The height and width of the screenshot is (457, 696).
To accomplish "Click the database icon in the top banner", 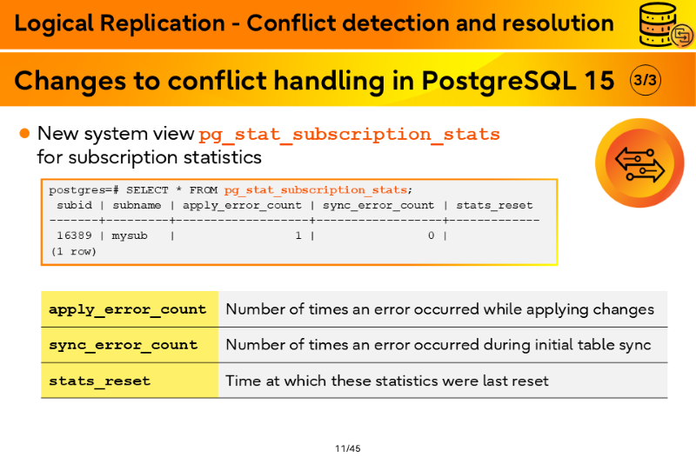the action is click(665, 25).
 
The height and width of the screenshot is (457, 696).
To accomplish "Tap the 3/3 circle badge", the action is click(645, 80).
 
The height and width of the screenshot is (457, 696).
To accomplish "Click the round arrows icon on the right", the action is click(639, 163).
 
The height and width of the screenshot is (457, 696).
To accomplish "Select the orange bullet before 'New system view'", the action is click(24, 134).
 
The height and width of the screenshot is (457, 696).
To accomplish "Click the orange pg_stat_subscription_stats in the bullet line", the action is click(350, 134).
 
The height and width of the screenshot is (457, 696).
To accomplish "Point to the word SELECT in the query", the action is click(147, 190).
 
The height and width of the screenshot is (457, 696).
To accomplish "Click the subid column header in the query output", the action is click(74, 205).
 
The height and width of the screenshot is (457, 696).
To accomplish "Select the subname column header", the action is click(137, 205).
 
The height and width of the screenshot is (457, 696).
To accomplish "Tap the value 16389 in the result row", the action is click(74, 235).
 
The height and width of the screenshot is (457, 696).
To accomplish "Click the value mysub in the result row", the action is click(129, 235).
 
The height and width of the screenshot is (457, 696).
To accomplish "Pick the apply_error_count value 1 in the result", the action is click(298, 235).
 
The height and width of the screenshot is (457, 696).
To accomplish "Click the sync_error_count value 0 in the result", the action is click(431, 235).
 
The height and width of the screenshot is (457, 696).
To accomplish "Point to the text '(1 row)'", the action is click(73, 251).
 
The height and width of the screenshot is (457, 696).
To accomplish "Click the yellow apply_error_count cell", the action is click(130, 309).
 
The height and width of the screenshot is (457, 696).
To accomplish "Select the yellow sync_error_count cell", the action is click(130, 345).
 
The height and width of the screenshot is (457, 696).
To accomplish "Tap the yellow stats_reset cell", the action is click(130, 381).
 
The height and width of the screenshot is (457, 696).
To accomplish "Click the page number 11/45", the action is click(347, 448).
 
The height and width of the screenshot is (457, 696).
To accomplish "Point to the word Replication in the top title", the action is click(163, 23).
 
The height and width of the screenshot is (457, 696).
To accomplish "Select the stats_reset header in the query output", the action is click(494, 205).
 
